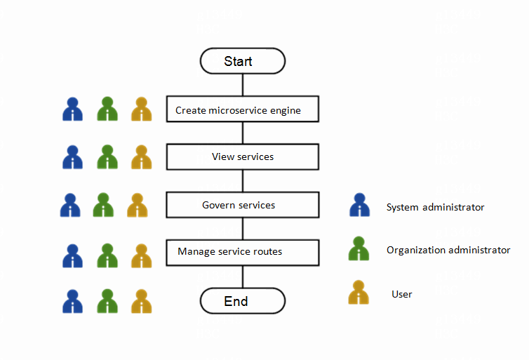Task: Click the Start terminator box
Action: pyautogui.click(x=243, y=61)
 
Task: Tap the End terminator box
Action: pyautogui.click(x=243, y=301)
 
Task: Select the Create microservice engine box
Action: pyautogui.click(x=243, y=109)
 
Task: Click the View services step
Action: pyautogui.click(x=243, y=156)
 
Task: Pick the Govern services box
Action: pyautogui.click(x=243, y=205)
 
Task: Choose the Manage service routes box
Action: pyautogui.click(x=243, y=252)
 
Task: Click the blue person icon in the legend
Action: pyautogui.click(x=359, y=205)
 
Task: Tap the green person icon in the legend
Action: pyautogui.click(x=359, y=248)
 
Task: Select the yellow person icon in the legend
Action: pyautogui.click(x=359, y=293)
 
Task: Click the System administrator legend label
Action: pyautogui.click(x=435, y=207)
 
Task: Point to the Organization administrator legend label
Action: pyautogui.click(x=448, y=250)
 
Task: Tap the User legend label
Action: pyautogui.click(x=402, y=294)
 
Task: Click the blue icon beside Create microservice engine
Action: pyautogui.click(x=72, y=109)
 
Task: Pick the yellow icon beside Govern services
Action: pyautogui.click(x=138, y=205)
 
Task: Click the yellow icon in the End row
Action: pyautogui.click(x=141, y=301)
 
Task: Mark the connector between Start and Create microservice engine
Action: pyautogui.click(x=243, y=84)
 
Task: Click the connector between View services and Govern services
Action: pyautogui.click(x=243, y=181)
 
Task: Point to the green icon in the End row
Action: pyautogui.click(x=107, y=301)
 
